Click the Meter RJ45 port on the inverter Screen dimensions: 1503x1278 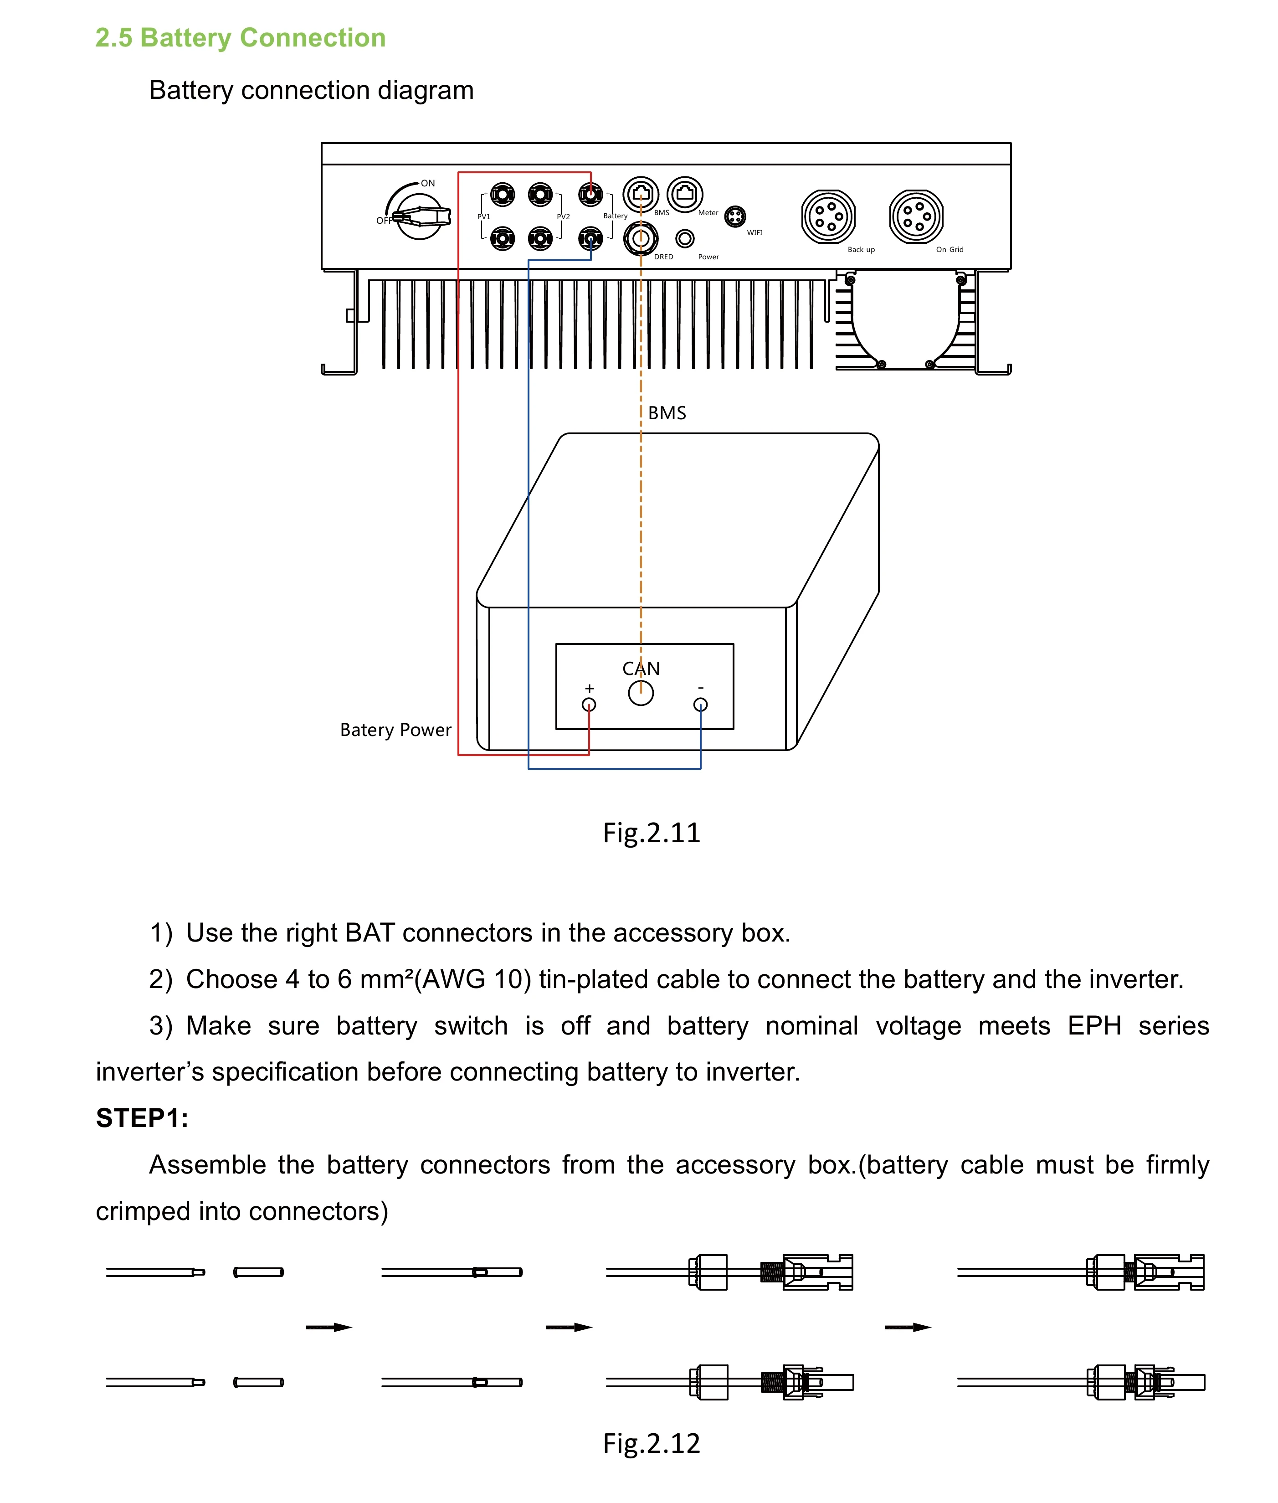(x=685, y=194)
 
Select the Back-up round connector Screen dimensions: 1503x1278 (x=828, y=216)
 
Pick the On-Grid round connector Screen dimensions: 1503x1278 (x=917, y=216)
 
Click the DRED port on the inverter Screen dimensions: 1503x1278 (x=641, y=238)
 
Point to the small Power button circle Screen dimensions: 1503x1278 (x=685, y=238)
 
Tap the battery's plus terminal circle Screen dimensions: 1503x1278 (x=589, y=705)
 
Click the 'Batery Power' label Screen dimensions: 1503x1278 (x=395, y=730)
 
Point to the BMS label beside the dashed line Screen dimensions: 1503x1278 (x=667, y=413)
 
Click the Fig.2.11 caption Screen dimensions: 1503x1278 (x=652, y=833)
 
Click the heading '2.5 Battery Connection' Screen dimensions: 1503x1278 (x=241, y=38)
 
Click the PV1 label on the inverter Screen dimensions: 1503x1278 (x=484, y=216)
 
